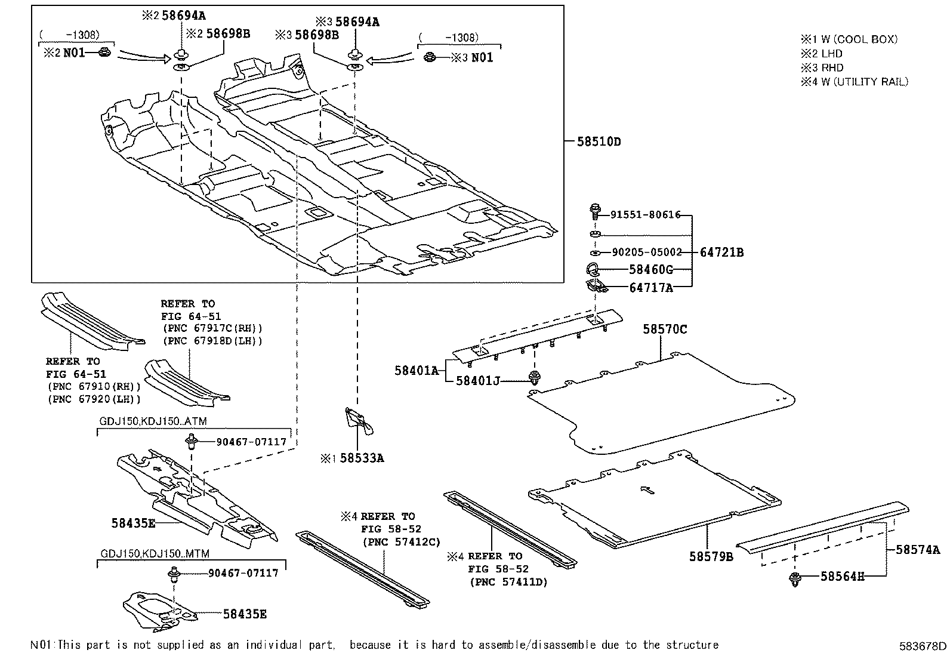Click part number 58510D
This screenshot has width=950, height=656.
[599, 142]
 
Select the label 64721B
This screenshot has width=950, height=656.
[721, 252]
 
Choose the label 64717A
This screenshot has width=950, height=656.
[650, 288]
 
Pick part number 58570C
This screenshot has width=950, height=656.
[665, 329]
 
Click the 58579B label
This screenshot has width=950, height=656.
[711, 556]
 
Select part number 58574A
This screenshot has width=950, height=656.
[917, 550]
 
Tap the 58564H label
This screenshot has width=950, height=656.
[841, 576]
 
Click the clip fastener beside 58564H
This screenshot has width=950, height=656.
[795, 577]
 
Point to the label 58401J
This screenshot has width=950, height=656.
[477, 380]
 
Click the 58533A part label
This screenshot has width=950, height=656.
[362, 458]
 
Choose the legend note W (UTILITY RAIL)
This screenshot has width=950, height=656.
[864, 82]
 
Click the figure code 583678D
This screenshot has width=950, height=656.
[923, 646]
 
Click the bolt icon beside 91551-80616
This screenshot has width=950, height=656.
[596, 210]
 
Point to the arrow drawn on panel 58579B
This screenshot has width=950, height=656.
[647, 490]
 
